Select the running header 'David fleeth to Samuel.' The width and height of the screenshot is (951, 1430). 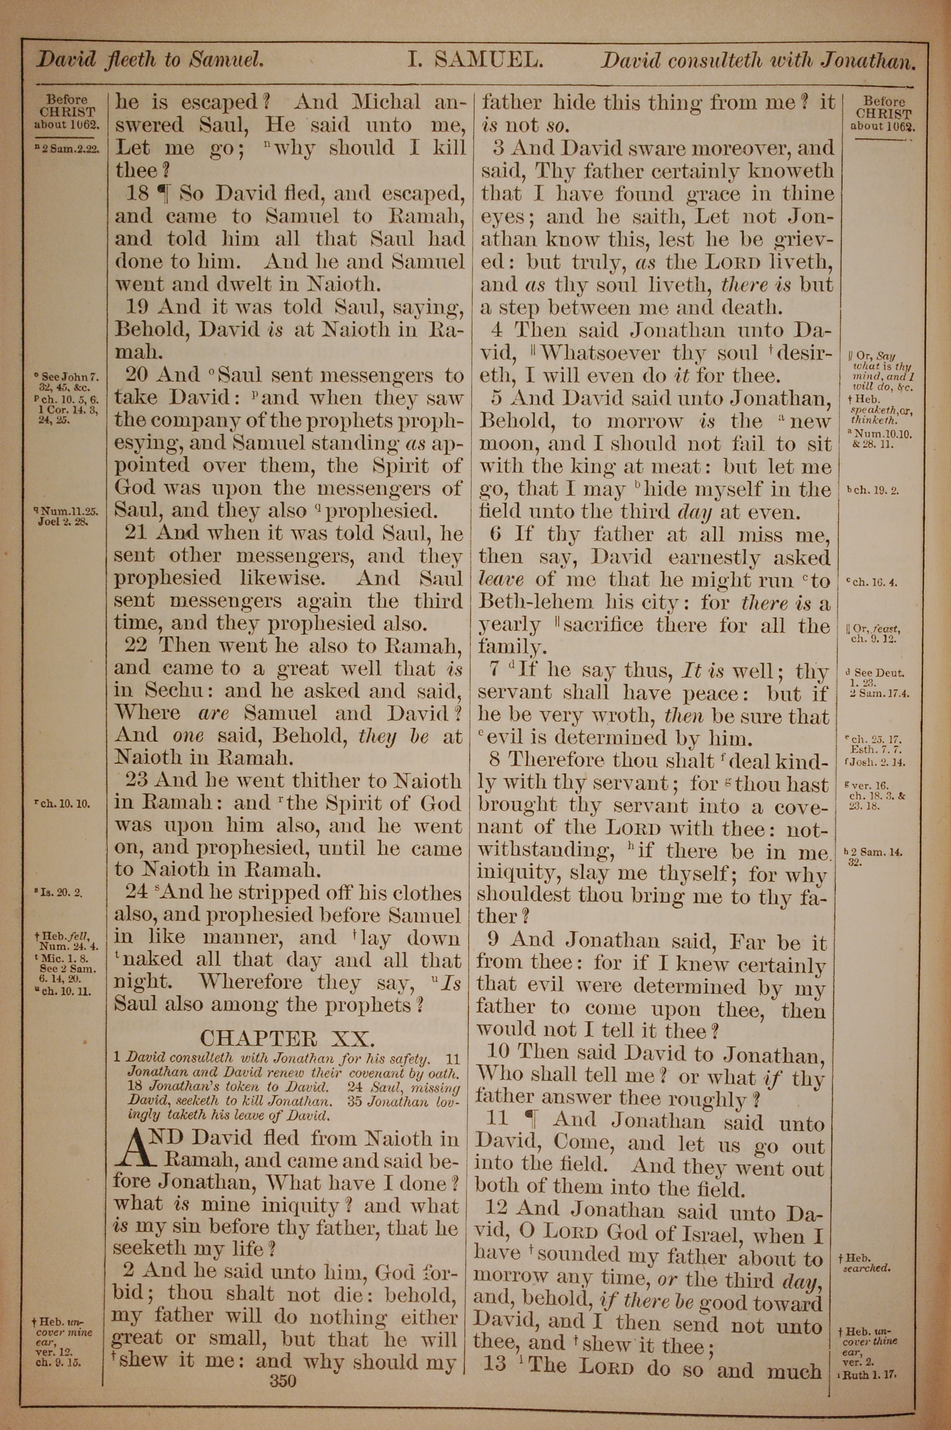150,60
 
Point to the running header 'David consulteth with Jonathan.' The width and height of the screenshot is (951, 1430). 757,61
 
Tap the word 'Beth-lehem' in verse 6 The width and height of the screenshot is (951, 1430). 527,603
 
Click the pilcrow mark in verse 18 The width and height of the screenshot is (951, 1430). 163,194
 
